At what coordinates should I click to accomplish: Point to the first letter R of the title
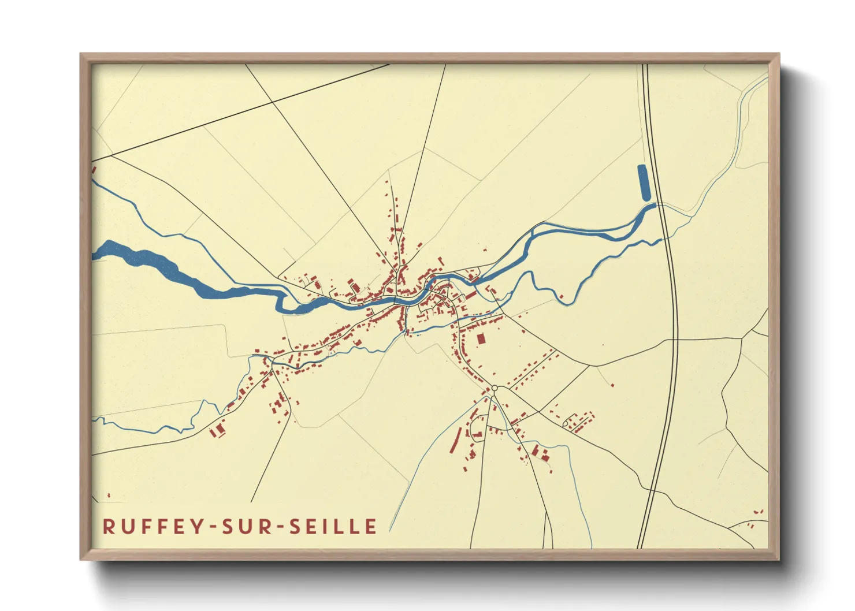click(108, 526)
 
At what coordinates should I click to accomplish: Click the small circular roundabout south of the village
click(495, 388)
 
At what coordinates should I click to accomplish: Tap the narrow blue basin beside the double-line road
click(644, 182)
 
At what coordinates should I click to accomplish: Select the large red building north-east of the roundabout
click(481, 338)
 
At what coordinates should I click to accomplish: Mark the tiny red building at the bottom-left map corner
click(109, 495)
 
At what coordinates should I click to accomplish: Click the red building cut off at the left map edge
click(94, 170)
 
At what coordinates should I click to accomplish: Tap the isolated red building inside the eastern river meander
click(560, 296)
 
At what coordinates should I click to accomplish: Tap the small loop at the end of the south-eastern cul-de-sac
click(565, 424)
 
